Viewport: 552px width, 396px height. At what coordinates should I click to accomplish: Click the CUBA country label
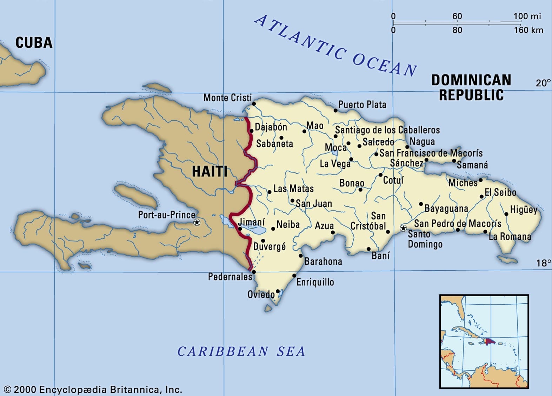click(x=34, y=42)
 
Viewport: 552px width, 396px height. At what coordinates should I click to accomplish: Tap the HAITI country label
click(x=210, y=172)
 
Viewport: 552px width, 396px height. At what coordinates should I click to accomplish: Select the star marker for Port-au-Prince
click(x=197, y=222)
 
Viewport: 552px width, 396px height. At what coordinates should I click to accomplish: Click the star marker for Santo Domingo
click(x=404, y=229)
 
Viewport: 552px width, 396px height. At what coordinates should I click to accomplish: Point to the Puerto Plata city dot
click(x=335, y=111)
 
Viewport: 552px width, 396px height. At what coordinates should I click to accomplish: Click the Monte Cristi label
click(x=227, y=98)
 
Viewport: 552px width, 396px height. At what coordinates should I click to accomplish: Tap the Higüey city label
click(x=524, y=210)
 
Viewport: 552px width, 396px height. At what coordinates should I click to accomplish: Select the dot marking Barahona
click(x=301, y=256)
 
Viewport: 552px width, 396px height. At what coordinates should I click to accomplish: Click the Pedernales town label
click(x=230, y=277)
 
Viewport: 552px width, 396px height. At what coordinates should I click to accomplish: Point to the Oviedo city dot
click(x=278, y=291)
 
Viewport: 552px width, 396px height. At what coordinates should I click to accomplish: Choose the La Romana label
click(x=510, y=236)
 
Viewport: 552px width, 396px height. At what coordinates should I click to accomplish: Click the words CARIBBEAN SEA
click(x=241, y=351)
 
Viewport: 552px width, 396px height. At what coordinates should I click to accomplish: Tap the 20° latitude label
click(x=543, y=83)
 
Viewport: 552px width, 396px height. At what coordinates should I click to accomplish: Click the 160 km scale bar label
click(x=528, y=30)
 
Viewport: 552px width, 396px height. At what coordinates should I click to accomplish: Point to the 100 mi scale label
click(x=527, y=16)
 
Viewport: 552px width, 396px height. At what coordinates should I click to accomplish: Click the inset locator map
click(x=484, y=341)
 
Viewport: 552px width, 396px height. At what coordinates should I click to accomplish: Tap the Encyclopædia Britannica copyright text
click(x=93, y=389)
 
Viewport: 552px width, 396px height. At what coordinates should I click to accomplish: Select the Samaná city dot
click(x=454, y=161)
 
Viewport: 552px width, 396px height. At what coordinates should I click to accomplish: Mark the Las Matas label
click(x=293, y=189)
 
